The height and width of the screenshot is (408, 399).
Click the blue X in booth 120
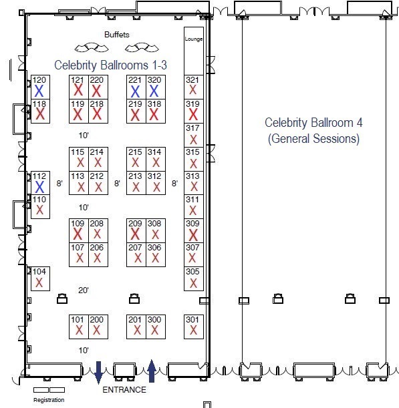click(39, 91)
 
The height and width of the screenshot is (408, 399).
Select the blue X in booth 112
click(39, 186)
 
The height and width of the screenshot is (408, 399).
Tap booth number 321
click(192, 79)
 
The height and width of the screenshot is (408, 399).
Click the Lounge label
click(194, 39)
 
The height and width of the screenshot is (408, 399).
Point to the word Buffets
click(117, 35)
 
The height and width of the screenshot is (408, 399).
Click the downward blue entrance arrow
click(98, 373)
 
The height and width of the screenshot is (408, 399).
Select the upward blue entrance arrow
click(152, 371)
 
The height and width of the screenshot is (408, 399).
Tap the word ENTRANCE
click(124, 390)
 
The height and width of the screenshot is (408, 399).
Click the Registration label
click(49, 400)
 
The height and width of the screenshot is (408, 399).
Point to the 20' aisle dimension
click(84, 290)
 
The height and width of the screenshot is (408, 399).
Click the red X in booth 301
click(193, 330)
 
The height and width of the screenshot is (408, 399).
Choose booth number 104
click(39, 271)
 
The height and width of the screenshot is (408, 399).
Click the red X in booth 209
click(135, 234)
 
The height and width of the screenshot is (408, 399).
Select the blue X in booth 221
click(135, 91)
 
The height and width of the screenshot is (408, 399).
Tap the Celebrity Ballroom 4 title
click(313, 123)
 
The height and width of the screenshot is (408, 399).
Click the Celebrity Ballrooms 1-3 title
click(110, 65)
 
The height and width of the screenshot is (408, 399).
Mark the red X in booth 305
click(193, 283)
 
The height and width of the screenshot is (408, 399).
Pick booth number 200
click(97, 319)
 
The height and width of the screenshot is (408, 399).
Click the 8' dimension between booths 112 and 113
click(59, 183)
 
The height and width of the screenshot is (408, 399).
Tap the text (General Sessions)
click(313, 139)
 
